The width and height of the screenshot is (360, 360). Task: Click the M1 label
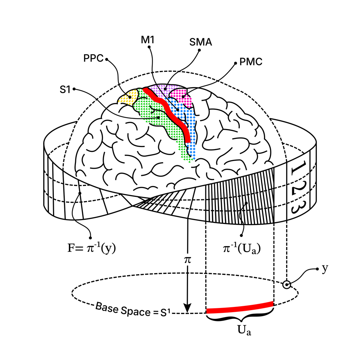pos(147,40)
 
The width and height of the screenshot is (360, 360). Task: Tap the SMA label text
pos(200,42)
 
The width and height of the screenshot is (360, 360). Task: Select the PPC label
pos(93,58)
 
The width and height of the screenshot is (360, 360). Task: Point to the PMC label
pos(251,62)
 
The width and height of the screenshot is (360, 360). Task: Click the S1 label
pos(65,90)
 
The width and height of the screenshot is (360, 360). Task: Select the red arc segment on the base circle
pos(240,308)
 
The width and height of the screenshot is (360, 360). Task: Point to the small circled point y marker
pos(287,285)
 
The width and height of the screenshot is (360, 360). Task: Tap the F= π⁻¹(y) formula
pos(92,248)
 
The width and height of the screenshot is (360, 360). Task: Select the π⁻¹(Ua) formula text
pos(242,249)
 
